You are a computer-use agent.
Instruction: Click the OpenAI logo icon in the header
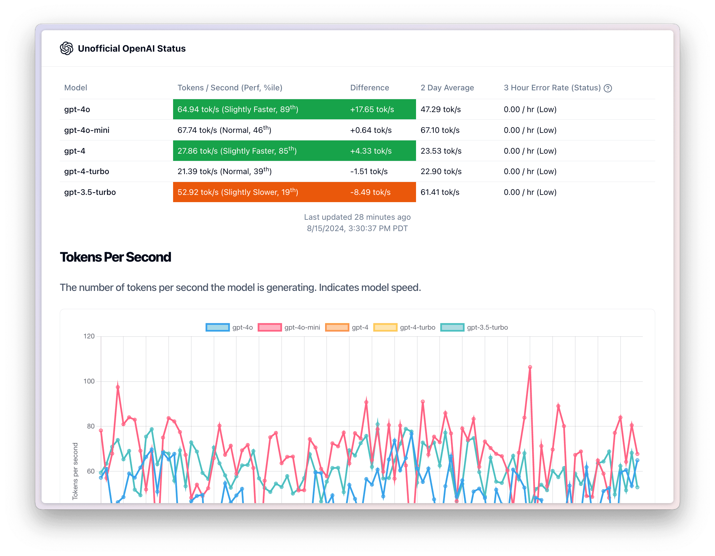point(66,48)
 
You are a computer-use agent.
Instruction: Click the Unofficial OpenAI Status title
point(132,48)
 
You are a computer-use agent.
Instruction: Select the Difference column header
point(369,88)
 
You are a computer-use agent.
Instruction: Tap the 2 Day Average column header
point(447,88)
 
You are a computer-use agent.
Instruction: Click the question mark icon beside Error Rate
point(608,88)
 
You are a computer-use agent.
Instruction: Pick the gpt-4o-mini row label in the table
point(87,130)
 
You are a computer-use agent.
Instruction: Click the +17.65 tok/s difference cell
point(372,109)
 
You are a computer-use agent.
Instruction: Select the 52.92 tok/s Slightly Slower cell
point(238,192)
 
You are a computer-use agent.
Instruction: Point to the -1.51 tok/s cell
point(369,172)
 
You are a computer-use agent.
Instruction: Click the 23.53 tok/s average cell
point(441,151)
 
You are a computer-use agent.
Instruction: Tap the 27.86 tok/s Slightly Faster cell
point(237,151)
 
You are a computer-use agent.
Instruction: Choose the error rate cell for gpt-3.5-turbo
point(530,192)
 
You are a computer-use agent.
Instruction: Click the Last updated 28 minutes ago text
point(357,217)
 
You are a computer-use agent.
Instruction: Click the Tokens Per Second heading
point(115,257)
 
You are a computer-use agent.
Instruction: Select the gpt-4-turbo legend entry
point(404,327)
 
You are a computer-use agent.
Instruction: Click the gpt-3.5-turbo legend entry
point(474,327)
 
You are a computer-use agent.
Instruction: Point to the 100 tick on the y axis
point(89,381)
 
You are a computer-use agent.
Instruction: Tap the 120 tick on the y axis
point(89,336)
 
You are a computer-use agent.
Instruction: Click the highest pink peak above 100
point(530,367)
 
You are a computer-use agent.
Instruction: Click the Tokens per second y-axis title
point(75,471)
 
